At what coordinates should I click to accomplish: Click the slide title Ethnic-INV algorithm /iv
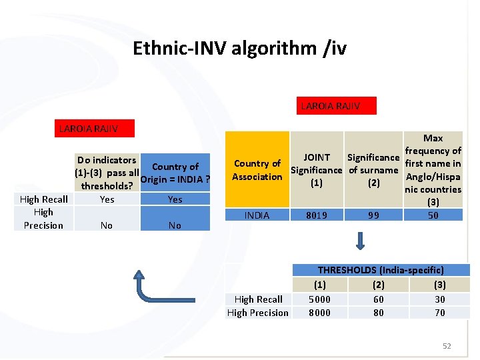239,49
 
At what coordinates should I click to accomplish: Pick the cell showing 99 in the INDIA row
373,215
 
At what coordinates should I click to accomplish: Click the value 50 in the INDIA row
433,215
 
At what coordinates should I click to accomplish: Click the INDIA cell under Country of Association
257,215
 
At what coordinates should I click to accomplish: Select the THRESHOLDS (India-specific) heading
380,270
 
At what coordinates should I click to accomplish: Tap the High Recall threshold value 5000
319,299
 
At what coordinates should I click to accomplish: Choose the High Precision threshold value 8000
319,313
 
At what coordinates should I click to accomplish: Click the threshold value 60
378,299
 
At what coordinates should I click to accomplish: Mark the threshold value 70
440,313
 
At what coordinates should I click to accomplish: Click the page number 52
447,346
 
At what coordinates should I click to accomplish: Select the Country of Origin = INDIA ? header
175,173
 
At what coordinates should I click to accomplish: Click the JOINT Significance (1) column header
317,170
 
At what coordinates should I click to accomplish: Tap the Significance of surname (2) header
373,170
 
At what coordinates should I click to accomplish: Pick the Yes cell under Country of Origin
175,199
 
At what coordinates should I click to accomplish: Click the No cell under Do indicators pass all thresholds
106,225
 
